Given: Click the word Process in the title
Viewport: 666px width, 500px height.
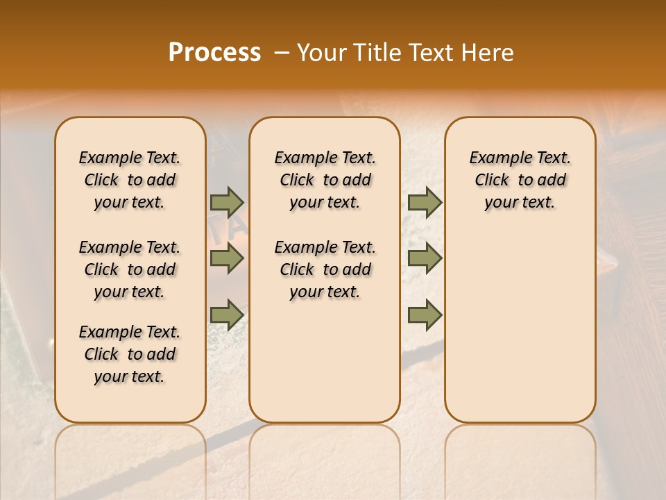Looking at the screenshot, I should [x=214, y=53].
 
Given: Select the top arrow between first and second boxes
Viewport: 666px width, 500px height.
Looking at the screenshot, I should [x=227, y=203].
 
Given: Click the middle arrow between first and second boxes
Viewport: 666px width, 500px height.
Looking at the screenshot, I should [x=227, y=259].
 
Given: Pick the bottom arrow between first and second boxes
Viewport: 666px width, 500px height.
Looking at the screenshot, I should [x=227, y=315].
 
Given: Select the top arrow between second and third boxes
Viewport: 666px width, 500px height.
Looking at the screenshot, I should [x=425, y=203].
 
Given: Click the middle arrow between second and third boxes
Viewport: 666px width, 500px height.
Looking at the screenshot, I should [x=425, y=259].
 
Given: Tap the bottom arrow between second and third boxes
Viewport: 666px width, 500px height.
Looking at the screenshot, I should [x=425, y=315].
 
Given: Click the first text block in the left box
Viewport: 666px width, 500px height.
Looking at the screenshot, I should [x=130, y=180].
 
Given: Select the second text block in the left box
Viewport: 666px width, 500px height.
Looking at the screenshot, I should [x=130, y=269].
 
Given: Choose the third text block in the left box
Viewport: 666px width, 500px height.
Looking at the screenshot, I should [x=130, y=354].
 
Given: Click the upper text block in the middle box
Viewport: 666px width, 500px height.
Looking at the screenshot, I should [x=325, y=180].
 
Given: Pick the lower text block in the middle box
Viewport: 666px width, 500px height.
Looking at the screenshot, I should [x=325, y=269].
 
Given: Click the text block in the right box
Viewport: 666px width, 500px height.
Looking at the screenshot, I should [x=520, y=180].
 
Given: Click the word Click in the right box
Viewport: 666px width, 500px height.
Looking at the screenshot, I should [x=492, y=181].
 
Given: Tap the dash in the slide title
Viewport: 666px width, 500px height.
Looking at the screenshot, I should [x=282, y=53].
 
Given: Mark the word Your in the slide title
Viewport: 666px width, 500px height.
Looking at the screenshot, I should [x=318, y=53].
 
